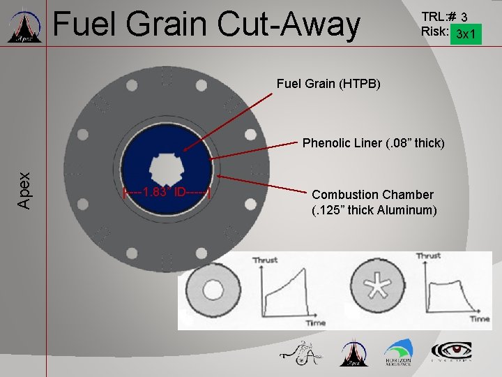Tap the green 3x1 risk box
coord(466,34)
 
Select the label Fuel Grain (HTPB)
coord(328,84)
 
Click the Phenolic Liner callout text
coord(372,143)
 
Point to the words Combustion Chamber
coord(372,195)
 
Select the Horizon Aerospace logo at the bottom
coord(397,353)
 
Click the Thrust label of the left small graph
coord(265,260)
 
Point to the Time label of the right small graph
coord(478,318)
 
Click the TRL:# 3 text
coord(444,16)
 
